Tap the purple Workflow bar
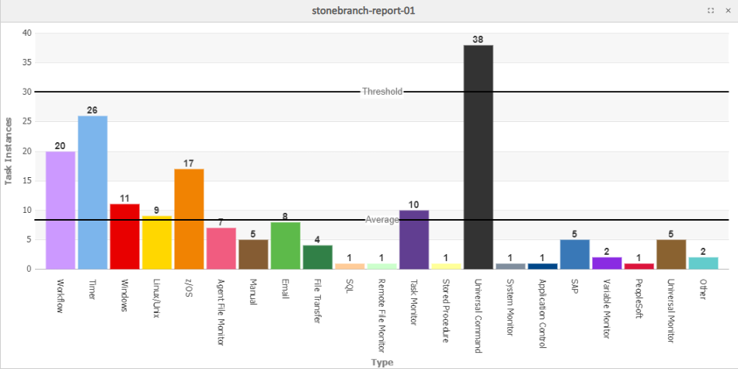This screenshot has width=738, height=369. pos(61,210)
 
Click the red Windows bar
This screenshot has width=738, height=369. pos(124,236)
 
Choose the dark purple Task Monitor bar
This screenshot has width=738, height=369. pos(414,239)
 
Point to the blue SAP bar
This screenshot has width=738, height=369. pos(575,254)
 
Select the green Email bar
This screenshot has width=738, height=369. pos(285,245)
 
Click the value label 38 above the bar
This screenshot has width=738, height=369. pos(478,39)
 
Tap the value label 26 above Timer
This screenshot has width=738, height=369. pos(92,110)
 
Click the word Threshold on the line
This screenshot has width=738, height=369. pos(382,92)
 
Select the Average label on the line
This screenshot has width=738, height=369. pos(382,220)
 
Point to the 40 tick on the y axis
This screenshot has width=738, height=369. pos(27,33)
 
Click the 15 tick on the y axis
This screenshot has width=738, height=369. pos(27,180)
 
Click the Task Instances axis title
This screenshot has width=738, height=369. pos(9,151)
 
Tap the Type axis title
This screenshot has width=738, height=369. pos(382,362)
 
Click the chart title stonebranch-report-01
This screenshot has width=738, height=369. pos(369,11)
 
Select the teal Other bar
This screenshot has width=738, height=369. pos(703,263)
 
